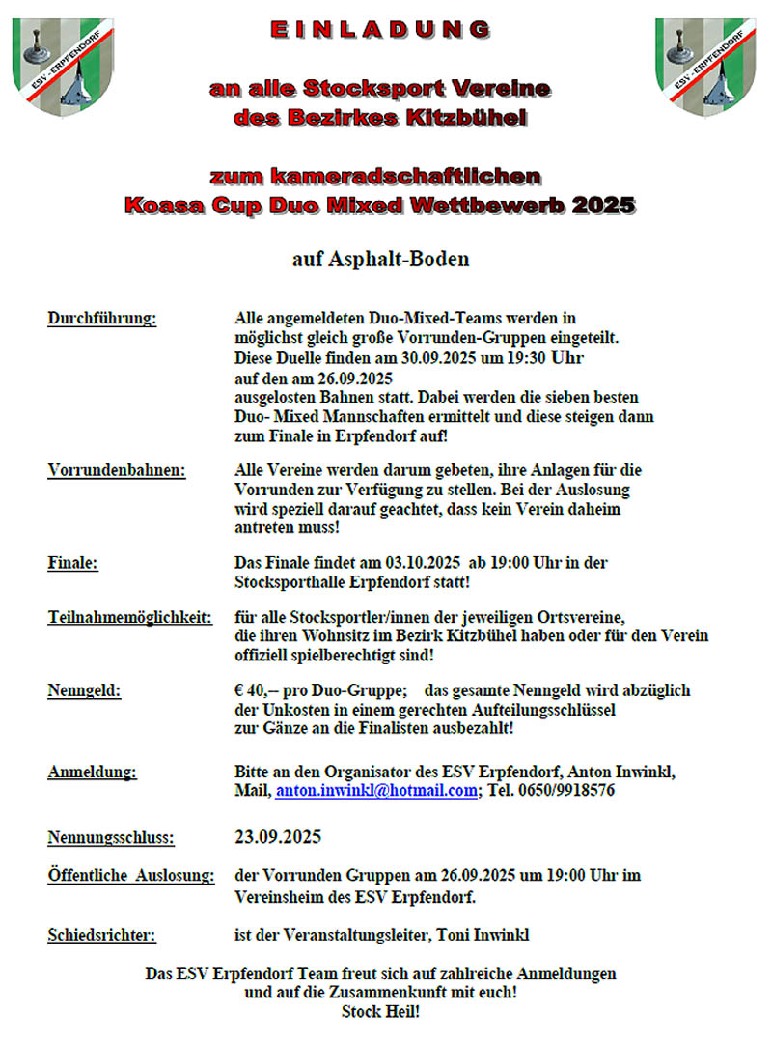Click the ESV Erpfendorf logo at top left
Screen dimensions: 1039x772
pyautogui.click(x=63, y=66)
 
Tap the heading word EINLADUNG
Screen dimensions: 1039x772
pyautogui.click(x=380, y=30)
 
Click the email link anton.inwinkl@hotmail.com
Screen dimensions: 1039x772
pyautogui.click(x=376, y=790)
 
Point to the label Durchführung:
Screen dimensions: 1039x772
pyautogui.click(x=101, y=318)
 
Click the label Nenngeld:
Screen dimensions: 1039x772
pyautogui.click(x=85, y=691)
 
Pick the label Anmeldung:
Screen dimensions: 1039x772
pyautogui.click(x=92, y=772)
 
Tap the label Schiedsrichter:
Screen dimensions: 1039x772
pyautogui.click(x=101, y=935)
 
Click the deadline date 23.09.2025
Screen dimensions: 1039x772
pyautogui.click(x=279, y=836)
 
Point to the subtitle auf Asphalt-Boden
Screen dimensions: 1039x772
pyautogui.click(x=380, y=259)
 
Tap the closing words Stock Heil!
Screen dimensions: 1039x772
pyautogui.click(x=380, y=1013)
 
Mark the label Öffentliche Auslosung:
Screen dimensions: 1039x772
pyautogui.click(x=130, y=876)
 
